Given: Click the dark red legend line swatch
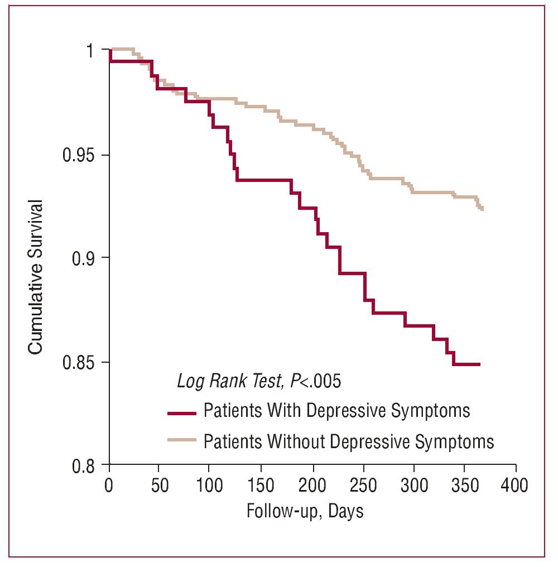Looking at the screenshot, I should click(x=182, y=414).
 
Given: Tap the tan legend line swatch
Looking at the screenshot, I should click(x=182, y=440).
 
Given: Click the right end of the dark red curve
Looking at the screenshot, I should click(x=479, y=364).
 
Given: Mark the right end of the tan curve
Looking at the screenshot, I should click(x=482, y=209).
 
